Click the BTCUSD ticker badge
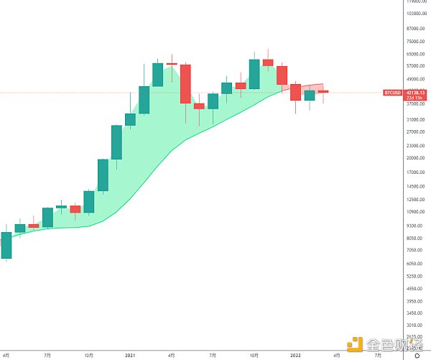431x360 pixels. tap(392, 93)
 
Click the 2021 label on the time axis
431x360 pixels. tap(130, 355)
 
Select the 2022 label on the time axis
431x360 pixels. tap(295, 355)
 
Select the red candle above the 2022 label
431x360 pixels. tap(295, 91)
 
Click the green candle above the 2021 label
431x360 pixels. tap(130, 119)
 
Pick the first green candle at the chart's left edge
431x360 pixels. tap(6, 245)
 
